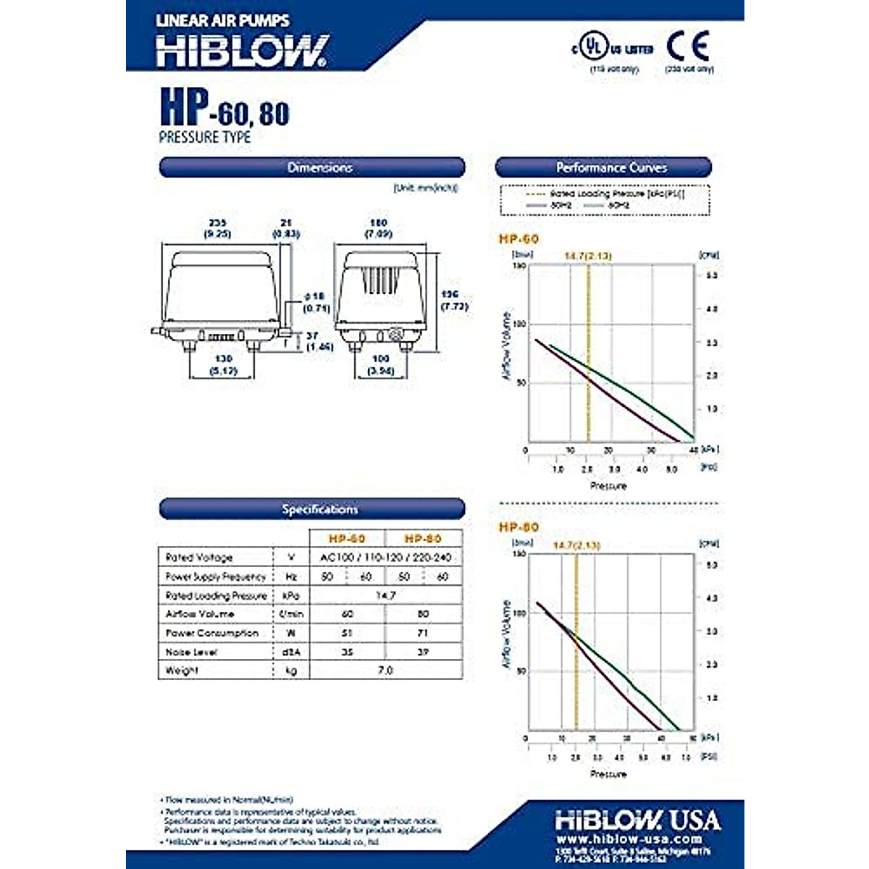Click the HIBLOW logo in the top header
point(243,51)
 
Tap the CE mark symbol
point(688,46)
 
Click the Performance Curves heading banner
point(603,167)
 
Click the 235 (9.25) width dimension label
point(218,228)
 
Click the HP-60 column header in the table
point(348,539)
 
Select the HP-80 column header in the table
point(423,539)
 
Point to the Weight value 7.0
point(385,671)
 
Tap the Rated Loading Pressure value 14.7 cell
point(385,595)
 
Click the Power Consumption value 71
point(424,633)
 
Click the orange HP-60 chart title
point(519,239)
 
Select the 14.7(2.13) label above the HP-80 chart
point(576,545)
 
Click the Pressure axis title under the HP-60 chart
point(608,486)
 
